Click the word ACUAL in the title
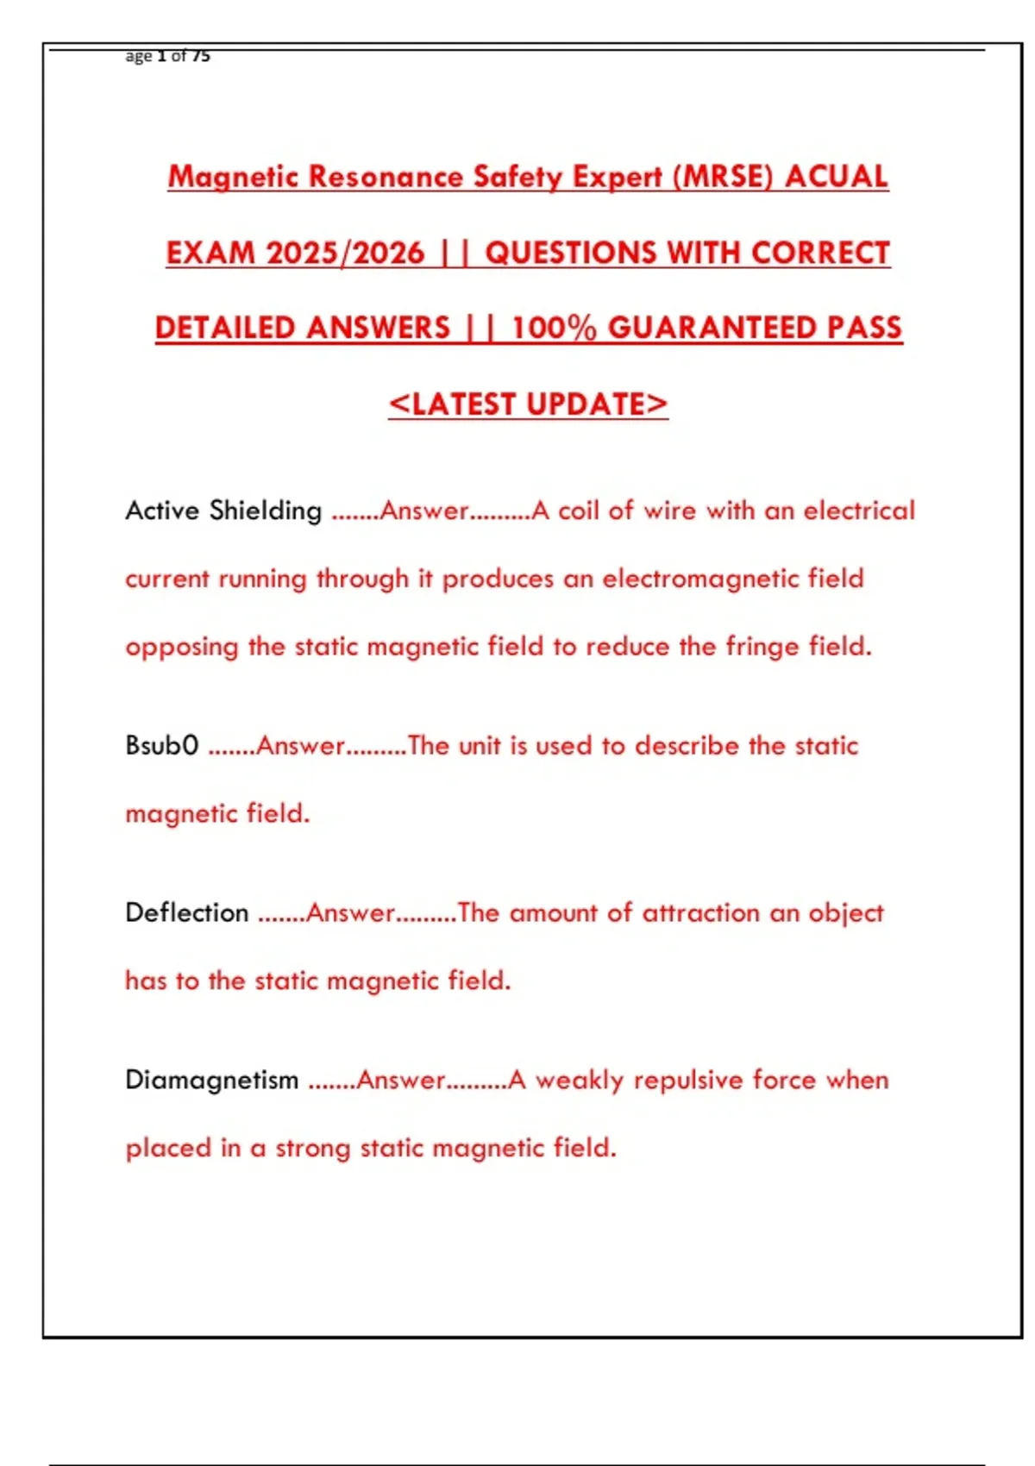pos(836,177)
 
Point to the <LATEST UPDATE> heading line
pos(528,404)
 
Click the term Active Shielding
pos(223,511)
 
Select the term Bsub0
pos(161,745)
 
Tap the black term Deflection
pos(186,912)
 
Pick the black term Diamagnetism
pos(211,1080)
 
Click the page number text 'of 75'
pos(191,56)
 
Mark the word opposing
pos(181,647)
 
